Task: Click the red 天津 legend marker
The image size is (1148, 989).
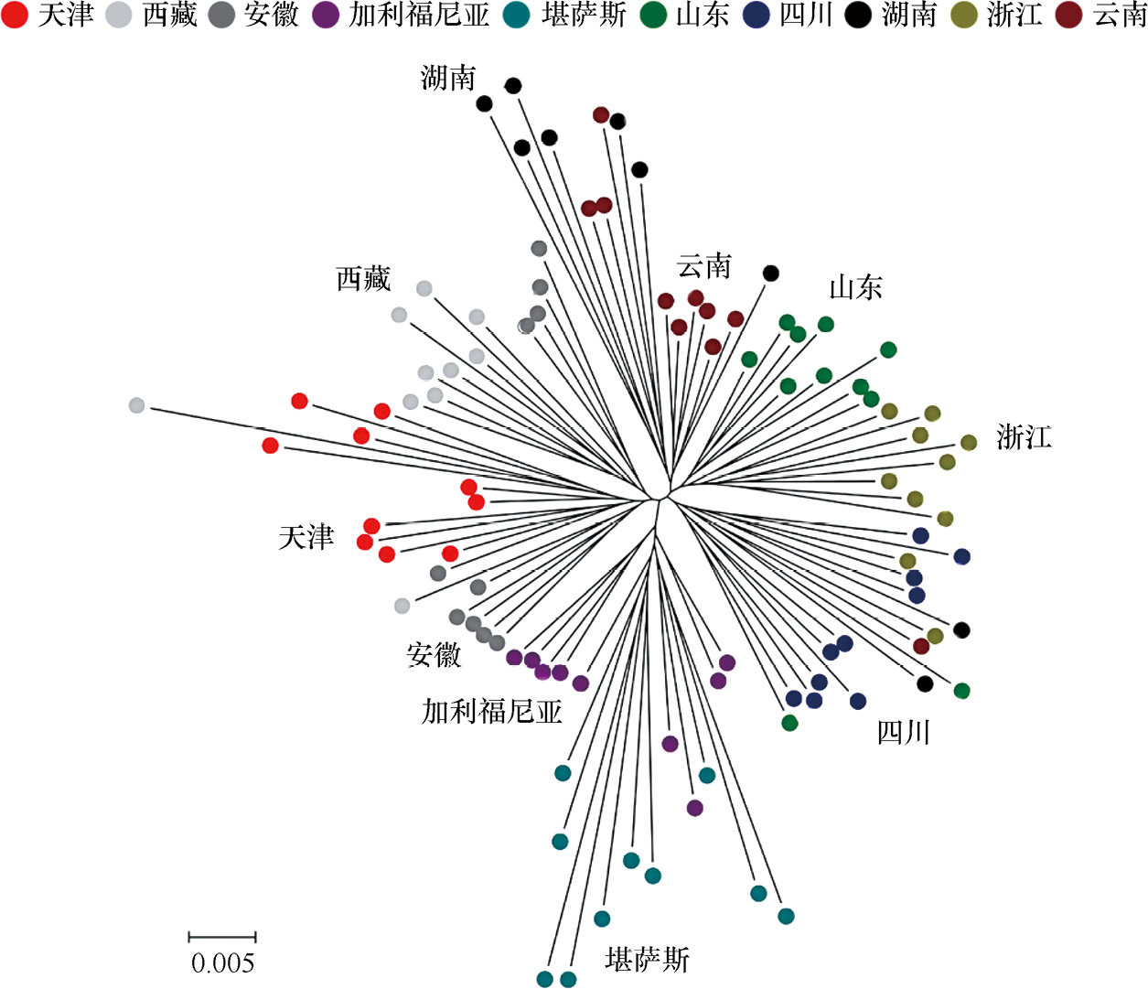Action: coord(15,15)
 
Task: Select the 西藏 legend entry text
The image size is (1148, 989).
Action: coord(169,15)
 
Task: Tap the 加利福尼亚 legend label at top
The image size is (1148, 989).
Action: coord(419,15)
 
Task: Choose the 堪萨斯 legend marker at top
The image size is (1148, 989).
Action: coord(517,15)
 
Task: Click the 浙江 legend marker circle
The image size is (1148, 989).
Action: coord(964,15)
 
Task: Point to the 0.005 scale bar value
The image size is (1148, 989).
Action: coord(222,962)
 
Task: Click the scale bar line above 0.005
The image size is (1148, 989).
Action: coord(222,937)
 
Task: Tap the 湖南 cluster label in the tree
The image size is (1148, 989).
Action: coord(448,78)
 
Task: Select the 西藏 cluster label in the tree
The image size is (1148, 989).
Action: coord(363,278)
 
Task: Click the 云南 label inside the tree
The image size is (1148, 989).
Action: coord(703,266)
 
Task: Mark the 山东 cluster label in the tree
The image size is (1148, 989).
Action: coord(855,287)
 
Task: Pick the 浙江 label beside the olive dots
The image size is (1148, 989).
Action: coord(1024,436)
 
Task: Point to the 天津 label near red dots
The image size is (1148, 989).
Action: coord(306,537)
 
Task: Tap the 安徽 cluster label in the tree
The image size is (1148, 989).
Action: coord(434,654)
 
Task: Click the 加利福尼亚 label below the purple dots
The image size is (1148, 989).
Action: coord(491,711)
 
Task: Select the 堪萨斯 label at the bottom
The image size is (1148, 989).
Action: coord(647,959)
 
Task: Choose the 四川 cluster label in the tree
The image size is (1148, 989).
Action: coord(903,732)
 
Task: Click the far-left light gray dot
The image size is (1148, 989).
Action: coord(136,405)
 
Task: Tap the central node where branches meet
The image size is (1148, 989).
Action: coord(660,500)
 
